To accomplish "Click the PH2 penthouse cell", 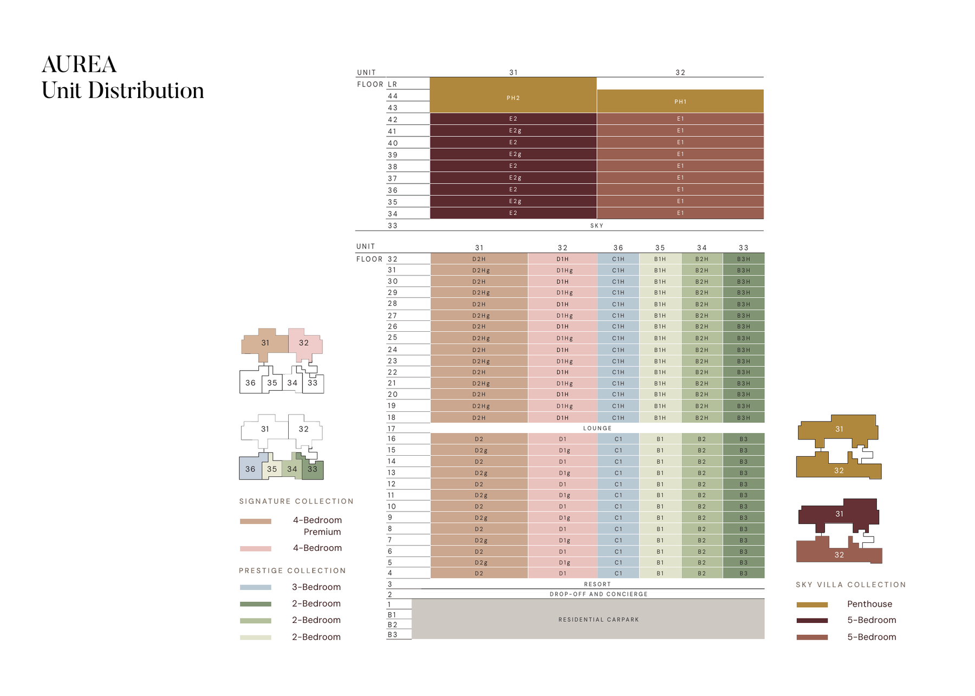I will click(513, 98).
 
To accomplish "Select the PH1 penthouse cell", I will click(680, 101).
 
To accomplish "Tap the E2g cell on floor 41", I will click(514, 130).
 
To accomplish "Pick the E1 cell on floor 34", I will click(680, 213).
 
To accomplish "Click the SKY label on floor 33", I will click(596, 225).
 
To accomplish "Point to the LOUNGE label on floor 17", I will click(597, 428).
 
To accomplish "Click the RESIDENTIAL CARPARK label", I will click(598, 619).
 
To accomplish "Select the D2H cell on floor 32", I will click(479, 259).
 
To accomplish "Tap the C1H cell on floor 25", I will click(618, 338).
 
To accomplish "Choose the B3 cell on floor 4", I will click(743, 573).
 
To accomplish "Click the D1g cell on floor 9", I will click(564, 518).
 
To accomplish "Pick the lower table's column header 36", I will click(618, 247).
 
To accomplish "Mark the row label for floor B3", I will click(392, 634).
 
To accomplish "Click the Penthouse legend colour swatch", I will click(812, 605).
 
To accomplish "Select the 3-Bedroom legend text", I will click(316, 587).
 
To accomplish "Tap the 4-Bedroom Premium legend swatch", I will click(255, 521).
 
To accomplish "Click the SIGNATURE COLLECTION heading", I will click(296, 501).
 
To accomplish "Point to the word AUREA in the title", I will click(79, 64).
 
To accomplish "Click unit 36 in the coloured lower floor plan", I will click(250, 469).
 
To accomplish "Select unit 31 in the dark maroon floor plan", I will click(838, 514).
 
